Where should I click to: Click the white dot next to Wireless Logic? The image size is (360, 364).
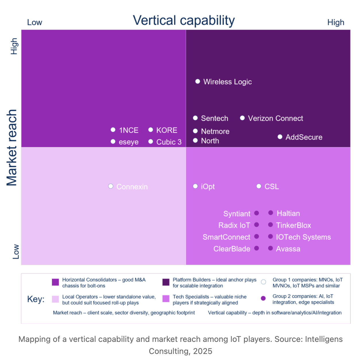coord(198,82)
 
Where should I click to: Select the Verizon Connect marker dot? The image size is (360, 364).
coord(242,118)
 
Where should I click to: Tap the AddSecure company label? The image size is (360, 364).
coord(304,137)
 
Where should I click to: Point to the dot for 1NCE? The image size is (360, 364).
coord(113,130)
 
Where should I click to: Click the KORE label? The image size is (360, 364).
coord(167,130)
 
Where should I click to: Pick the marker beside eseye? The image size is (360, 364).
coord(113,142)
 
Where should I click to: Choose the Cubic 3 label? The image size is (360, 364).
coord(169,142)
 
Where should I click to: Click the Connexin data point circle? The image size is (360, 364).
coord(111,186)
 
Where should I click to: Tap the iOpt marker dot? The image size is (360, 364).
coord(195,186)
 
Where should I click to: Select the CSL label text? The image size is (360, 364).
coord(272,187)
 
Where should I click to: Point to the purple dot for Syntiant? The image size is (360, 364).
coord(257,213)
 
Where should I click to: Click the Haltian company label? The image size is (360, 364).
coord(288,213)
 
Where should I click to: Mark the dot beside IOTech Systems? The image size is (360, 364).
coord(270,237)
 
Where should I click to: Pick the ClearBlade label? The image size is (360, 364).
coord(232,249)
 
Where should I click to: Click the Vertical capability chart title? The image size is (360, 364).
coord(184,21)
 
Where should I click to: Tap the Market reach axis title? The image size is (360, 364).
coord(12,148)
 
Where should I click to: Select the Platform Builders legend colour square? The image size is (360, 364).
coord(166,282)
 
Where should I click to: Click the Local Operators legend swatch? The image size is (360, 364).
coord(55,299)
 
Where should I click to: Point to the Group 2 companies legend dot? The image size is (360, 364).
coord(263,298)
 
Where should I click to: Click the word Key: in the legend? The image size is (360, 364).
coord(36,299)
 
